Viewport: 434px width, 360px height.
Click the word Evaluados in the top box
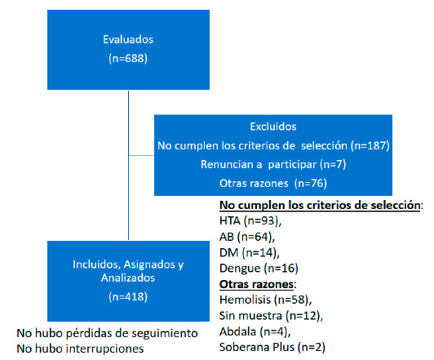point(128,39)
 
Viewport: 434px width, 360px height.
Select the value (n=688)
point(128,59)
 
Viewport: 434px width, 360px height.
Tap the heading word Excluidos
point(273,127)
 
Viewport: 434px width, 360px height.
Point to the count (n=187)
point(370,145)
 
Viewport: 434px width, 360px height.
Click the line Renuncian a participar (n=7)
point(273,165)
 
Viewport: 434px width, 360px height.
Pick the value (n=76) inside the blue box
point(311,184)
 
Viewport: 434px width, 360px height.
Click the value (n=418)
point(128,296)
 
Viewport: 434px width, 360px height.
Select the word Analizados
point(128,278)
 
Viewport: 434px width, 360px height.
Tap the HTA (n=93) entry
point(250,220)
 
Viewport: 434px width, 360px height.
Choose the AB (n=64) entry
point(247,237)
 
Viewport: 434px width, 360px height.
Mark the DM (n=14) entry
point(250,252)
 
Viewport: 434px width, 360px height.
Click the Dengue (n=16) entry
point(259,269)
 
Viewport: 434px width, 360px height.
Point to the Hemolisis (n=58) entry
point(266,300)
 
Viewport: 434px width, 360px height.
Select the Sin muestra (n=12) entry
point(271,316)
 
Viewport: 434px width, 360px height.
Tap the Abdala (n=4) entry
point(255,331)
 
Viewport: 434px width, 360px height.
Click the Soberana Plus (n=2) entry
point(272,347)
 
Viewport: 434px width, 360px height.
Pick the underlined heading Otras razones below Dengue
point(256,284)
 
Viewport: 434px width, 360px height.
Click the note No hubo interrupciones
point(80,349)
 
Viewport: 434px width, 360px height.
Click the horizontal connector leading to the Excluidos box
point(141,155)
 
